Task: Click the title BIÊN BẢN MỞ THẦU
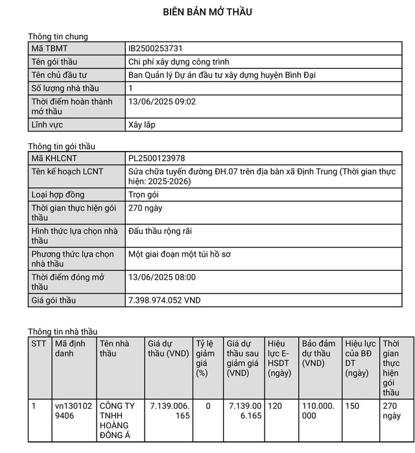tap(207, 12)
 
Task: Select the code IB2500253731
tap(160, 48)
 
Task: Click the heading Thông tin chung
tap(58, 36)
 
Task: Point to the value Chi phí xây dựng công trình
tap(184, 62)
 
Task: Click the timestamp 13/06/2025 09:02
tap(162, 101)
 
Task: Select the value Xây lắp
tap(143, 124)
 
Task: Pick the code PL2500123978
tap(161, 158)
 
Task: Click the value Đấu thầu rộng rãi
tap(161, 231)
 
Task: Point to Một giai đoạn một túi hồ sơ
tap(180, 254)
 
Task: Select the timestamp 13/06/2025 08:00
tap(162, 277)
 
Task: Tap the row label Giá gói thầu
tap(54, 301)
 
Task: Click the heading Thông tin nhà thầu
tap(62, 332)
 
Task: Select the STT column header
tap(39, 343)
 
